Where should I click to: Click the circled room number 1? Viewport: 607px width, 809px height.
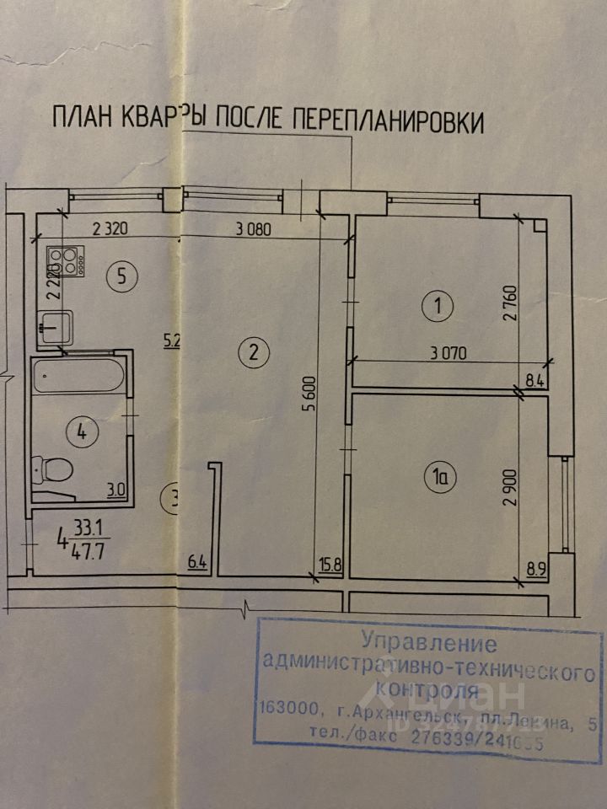437,306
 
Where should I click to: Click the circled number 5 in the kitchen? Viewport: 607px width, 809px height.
122,274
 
